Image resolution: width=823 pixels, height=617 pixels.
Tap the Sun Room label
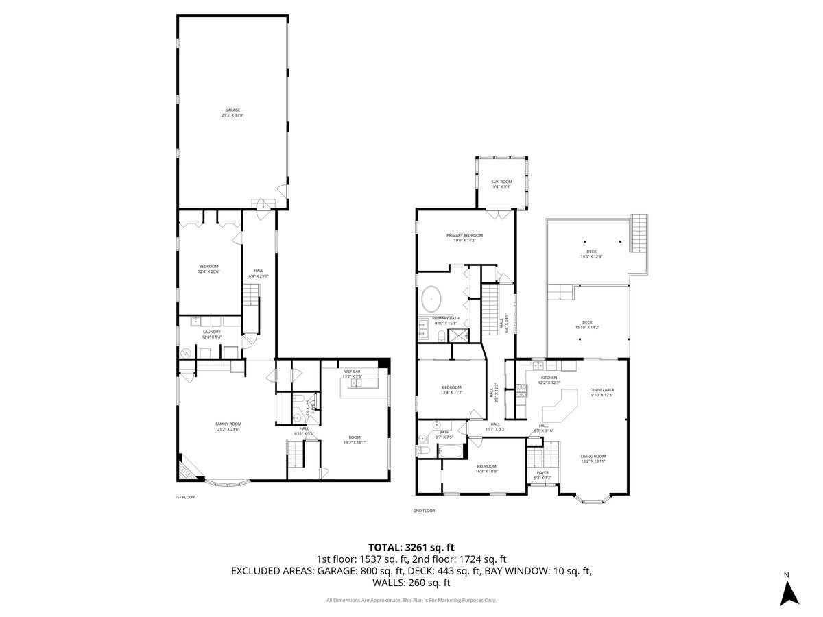click(501, 184)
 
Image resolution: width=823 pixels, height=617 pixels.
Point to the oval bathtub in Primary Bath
click(431, 298)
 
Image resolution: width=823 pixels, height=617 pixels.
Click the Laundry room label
click(211, 334)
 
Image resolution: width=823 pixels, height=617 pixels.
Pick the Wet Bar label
click(352, 373)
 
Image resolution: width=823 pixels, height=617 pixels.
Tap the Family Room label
click(228, 426)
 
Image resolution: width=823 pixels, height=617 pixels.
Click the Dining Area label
click(601, 392)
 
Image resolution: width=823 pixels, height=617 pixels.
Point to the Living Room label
click(593, 459)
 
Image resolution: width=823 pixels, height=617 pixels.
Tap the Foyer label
click(542, 475)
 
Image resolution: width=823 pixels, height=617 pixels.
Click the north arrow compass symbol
click(790, 592)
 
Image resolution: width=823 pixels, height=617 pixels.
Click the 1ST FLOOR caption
click(185, 497)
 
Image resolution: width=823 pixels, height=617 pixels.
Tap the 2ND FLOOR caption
click(424, 510)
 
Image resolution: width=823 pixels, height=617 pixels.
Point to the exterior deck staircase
click(639, 234)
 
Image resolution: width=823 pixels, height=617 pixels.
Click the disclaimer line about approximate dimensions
click(411, 601)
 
